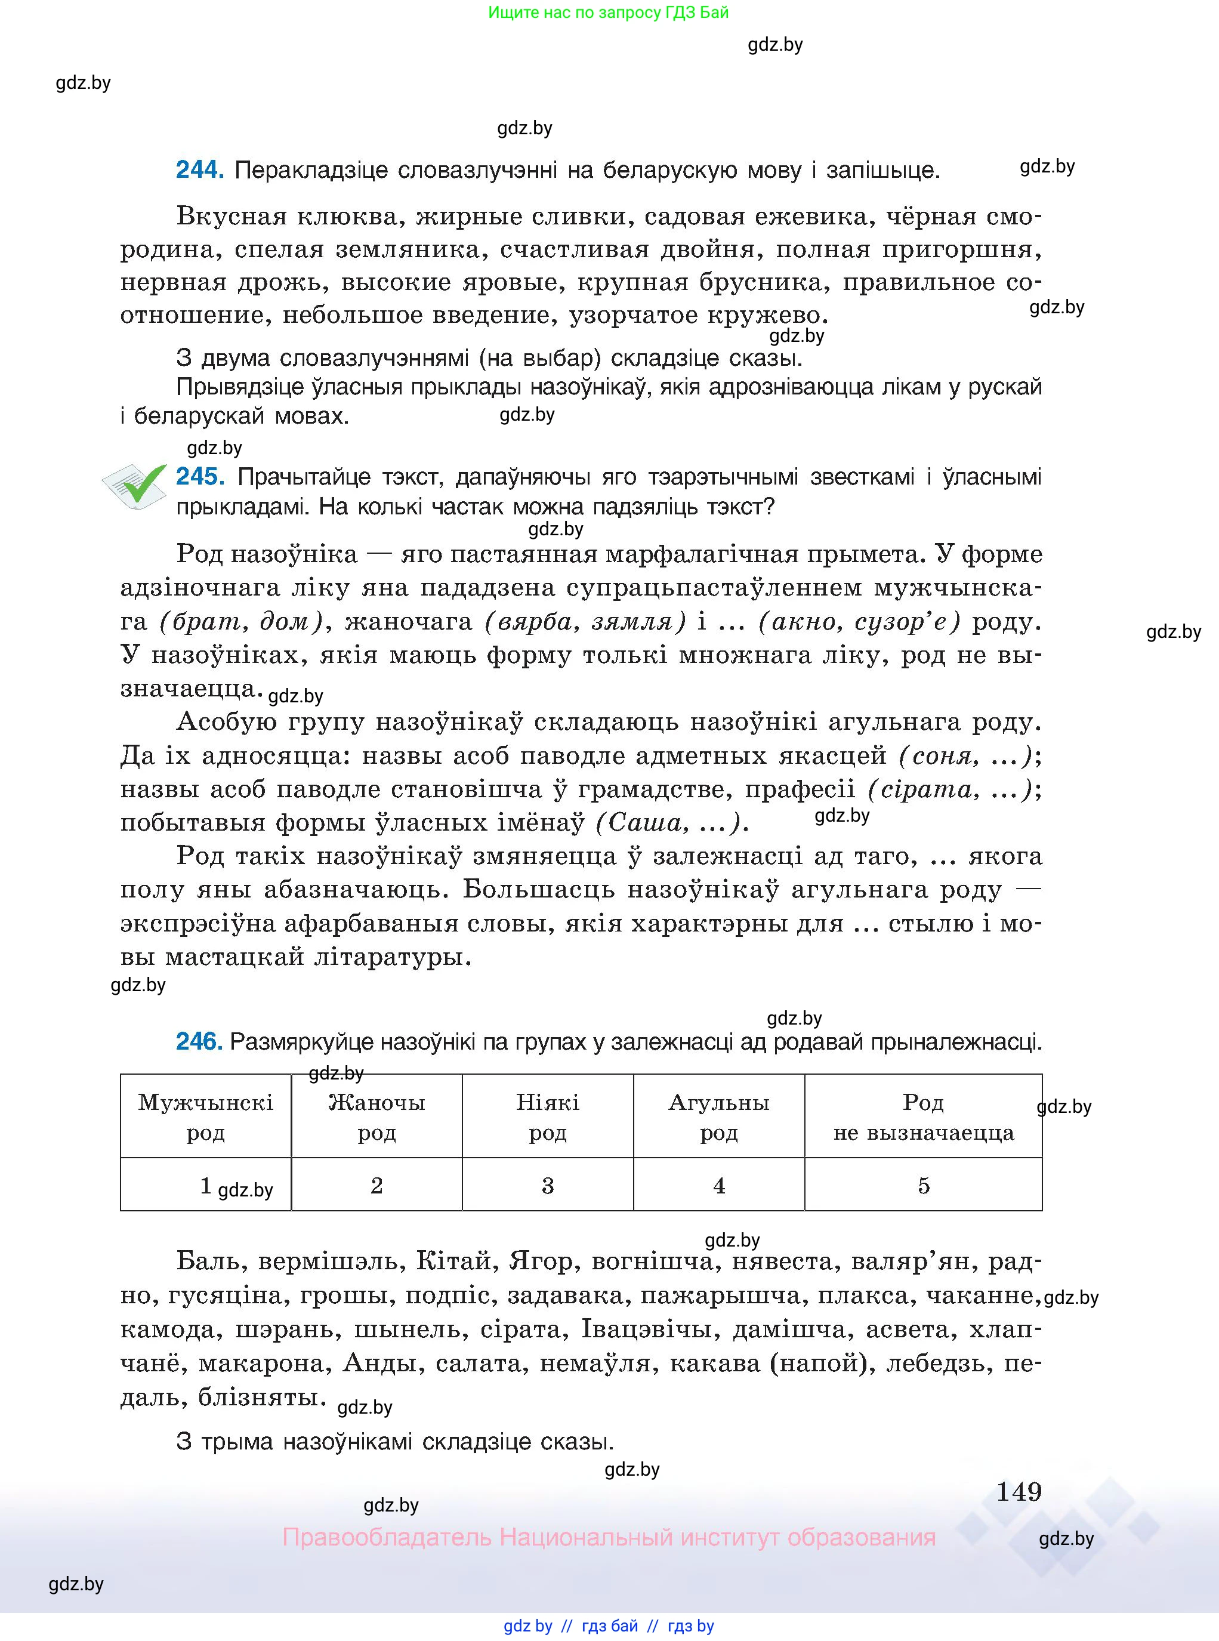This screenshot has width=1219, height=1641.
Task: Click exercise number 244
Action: coord(199,171)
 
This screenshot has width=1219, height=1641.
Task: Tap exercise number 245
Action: coord(200,477)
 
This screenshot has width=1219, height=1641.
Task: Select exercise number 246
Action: coord(199,1042)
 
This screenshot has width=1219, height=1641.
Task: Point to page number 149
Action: coord(1019,1492)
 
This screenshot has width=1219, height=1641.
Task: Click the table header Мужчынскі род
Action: coord(205,1117)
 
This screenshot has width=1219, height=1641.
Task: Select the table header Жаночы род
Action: coord(376,1117)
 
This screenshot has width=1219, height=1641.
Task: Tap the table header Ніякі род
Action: coord(548,1117)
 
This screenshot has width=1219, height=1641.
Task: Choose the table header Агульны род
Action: coord(719,1117)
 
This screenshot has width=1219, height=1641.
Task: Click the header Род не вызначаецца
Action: coord(923,1117)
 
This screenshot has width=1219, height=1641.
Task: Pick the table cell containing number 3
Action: coord(548,1186)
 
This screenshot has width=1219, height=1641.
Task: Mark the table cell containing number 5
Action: coord(923,1186)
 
